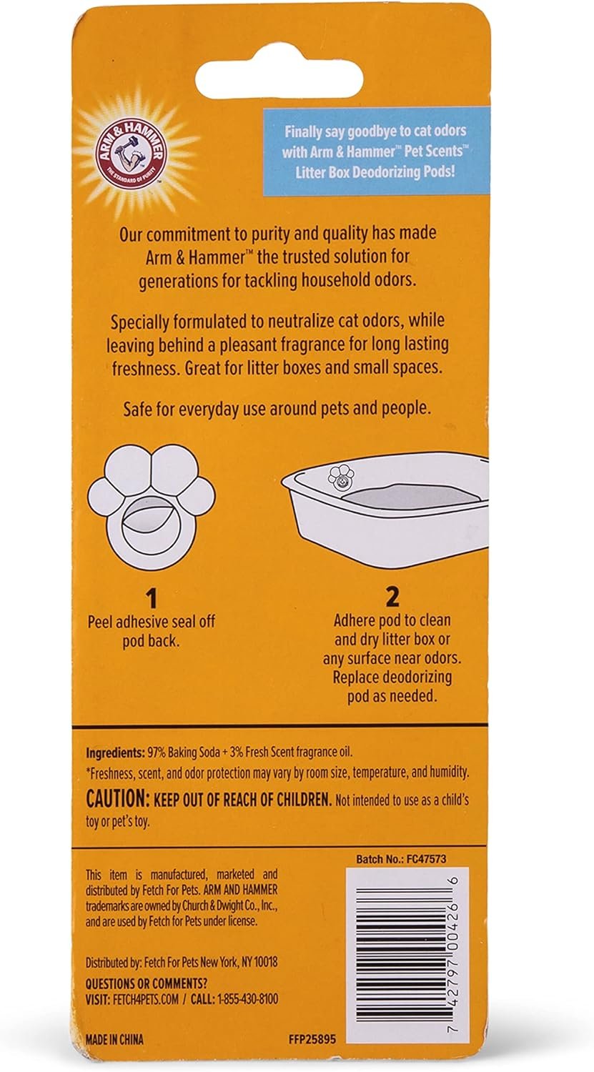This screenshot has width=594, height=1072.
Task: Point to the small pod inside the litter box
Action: pyautogui.click(x=340, y=477)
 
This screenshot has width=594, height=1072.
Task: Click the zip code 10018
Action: pyautogui.click(x=262, y=962)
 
